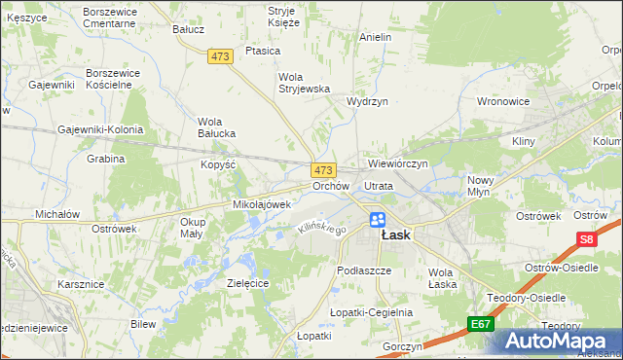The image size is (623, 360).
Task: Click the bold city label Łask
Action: coord(395,235)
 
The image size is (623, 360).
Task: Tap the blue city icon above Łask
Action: coord(378,220)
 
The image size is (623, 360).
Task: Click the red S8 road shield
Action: coord(586,238)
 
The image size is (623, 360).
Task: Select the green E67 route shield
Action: coord(479,324)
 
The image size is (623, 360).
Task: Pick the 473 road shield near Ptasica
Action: coord(221,57)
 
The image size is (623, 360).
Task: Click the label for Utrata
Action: coord(378,185)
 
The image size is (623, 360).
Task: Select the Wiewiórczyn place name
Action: coord(399,163)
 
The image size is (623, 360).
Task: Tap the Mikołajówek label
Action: coord(262,204)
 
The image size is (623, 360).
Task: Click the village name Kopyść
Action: coord(219,164)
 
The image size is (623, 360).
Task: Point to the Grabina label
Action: coord(106,159)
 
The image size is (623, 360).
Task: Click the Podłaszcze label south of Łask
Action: coord(363,270)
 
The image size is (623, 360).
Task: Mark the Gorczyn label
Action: coord(403,346)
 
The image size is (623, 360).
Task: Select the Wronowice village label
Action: coord(502,100)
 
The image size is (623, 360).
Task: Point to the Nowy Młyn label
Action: coord(481,186)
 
